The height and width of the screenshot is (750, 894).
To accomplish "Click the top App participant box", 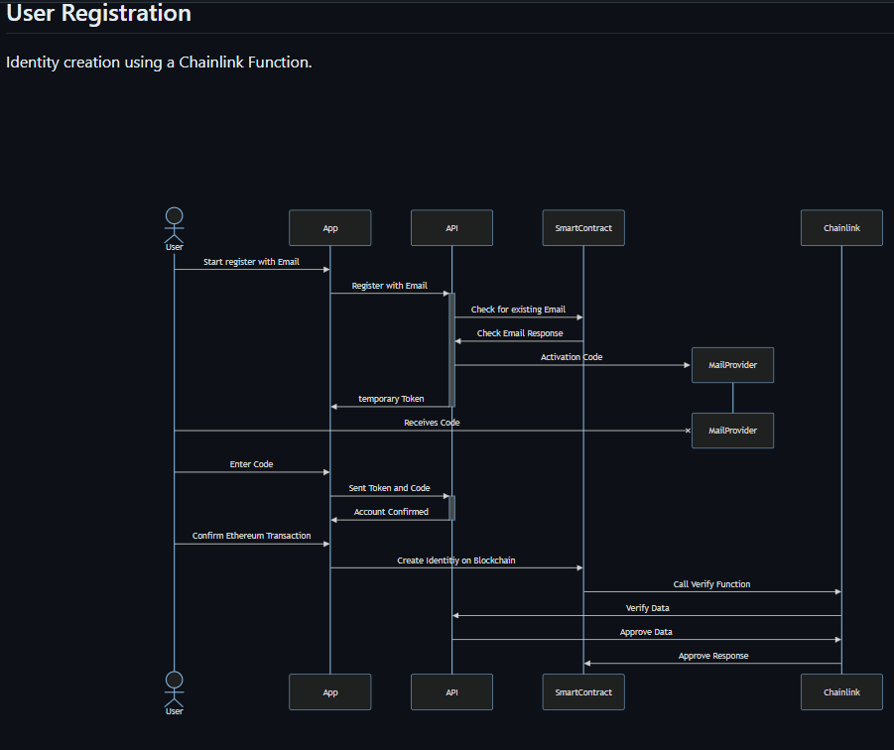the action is pos(330,228).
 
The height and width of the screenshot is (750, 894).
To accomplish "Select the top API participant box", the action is pos(451,228).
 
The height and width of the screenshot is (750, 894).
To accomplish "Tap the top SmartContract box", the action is pos(583,228).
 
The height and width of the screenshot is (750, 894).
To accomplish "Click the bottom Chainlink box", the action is pos(841,691).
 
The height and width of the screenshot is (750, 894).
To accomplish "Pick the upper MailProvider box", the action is pos(732,365).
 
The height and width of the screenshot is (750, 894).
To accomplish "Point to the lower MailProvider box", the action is pos(732,431).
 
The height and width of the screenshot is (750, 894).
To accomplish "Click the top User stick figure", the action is pos(174,229).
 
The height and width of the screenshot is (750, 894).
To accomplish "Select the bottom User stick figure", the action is pos(174,693).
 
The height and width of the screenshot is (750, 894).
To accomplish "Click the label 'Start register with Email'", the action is pos(251,262).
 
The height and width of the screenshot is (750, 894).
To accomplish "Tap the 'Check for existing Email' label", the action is pos(518,310).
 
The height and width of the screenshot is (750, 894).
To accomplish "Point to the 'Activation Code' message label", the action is pos(572,357).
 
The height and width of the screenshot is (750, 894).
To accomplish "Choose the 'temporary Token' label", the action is pos(391,399).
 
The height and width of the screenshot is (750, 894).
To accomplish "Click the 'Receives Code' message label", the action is pos(432,423).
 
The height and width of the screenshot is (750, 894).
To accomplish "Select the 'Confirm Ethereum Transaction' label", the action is pos(251,536).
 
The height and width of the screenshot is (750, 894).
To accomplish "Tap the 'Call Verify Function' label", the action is pos(711,584).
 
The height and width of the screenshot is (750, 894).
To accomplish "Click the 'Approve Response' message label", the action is pos(713,656).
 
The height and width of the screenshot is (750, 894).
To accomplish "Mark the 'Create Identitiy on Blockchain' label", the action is pos(456,561).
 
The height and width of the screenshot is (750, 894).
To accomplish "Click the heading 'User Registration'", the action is pos(98,13).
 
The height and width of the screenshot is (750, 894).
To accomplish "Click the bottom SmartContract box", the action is pos(583,691).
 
